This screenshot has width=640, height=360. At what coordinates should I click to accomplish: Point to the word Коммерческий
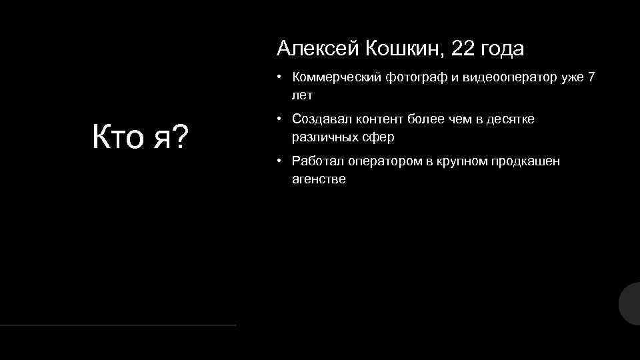[x=336, y=78]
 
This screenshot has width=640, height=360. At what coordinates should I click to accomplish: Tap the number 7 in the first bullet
[x=591, y=78]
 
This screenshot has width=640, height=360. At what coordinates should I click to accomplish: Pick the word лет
[x=302, y=95]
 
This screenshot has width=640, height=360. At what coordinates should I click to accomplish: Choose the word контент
[x=374, y=119]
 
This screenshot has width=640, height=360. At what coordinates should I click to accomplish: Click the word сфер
[x=378, y=137]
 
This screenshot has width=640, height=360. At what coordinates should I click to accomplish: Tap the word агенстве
[x=319, y=179]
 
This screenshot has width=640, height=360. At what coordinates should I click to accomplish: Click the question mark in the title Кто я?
[x=179, y=137]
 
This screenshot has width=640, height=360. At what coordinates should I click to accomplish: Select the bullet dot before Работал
[x=282, y=161]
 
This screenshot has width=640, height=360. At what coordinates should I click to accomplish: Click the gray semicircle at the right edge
[x=631, y=303]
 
